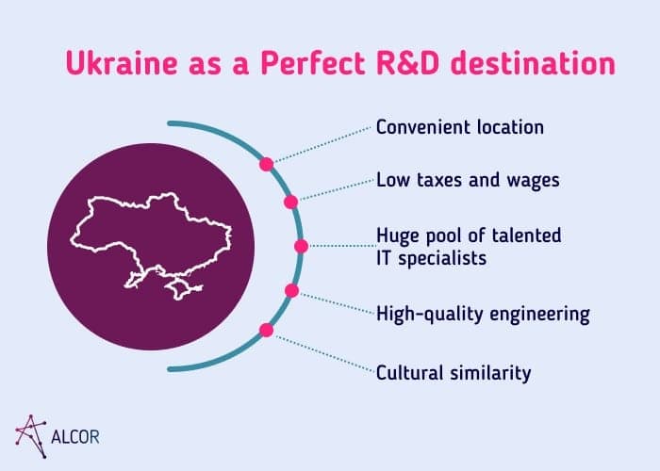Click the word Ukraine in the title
121,64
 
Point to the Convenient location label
460,126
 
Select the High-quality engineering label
483,314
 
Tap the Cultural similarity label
454,373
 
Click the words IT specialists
432,256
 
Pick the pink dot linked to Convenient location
266,164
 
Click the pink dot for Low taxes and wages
290,202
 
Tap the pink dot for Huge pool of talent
301,247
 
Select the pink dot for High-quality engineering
291,291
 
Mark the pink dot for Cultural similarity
266,330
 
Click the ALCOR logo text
77,437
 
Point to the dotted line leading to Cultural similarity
321,352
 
